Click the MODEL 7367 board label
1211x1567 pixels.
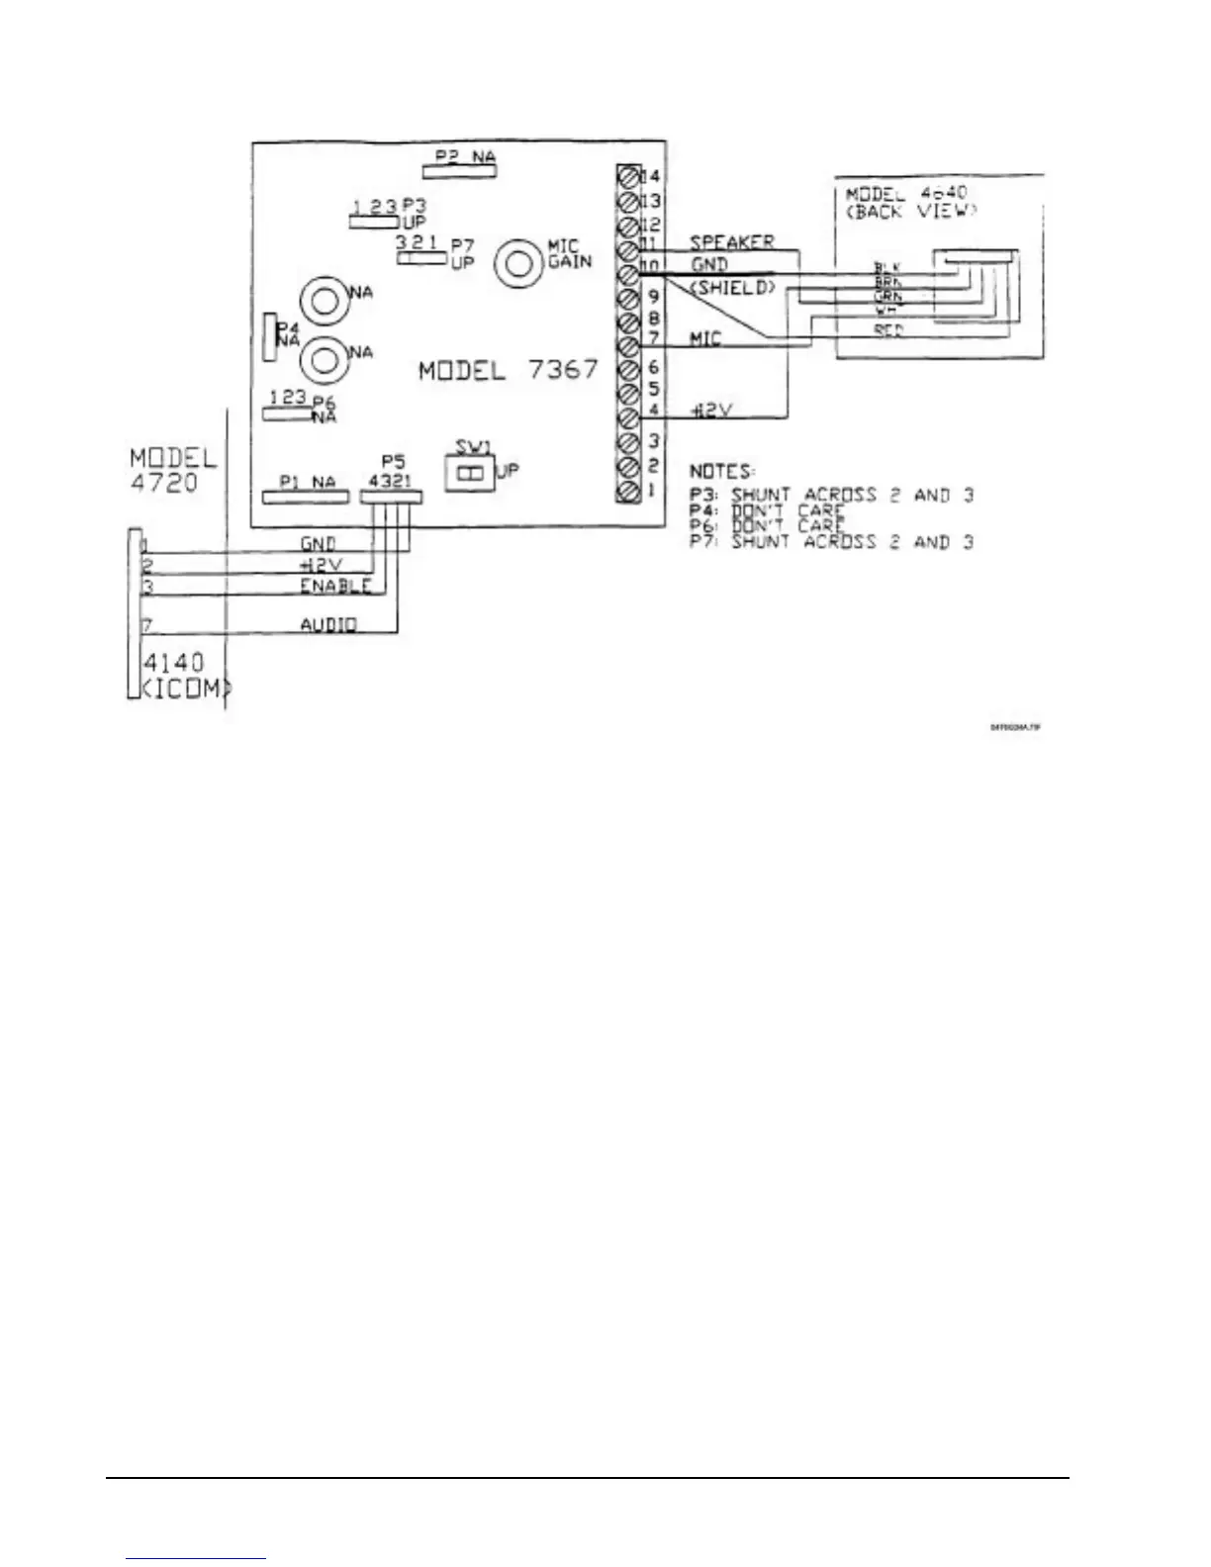pos(509,371)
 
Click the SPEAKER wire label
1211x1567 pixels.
pos(731,241)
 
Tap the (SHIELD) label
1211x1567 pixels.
pos(731,288)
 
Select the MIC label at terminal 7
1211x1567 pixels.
pos(704,338)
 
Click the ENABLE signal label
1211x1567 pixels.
pos(335,586)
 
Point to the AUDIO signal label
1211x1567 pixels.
pos(328,624)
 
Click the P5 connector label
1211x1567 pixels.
pos(393,461)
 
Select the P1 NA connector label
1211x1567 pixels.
pos(308,482)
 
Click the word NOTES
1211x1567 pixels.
pos(722,472)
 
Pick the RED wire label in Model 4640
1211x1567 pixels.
pos(888,330)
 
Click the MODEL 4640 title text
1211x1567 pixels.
pos(906,193)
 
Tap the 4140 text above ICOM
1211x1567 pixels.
pos(174,662)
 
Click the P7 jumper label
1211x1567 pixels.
pos(461,243)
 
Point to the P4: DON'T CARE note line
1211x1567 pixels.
pos(767,510)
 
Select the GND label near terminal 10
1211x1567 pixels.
pos(709,265)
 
